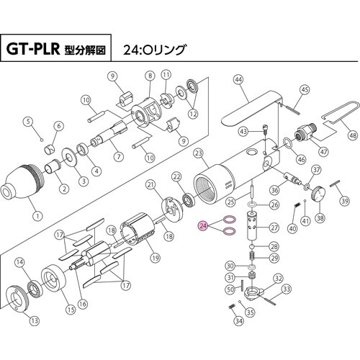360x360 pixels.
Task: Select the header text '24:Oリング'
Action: click(x=155, y=51)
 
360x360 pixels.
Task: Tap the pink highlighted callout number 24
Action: click(x=204, y=226)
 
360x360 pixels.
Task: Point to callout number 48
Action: click(x=351, y=135)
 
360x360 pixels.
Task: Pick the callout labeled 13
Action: click(x=35, y=321)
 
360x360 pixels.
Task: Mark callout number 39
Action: click(x=344, y=203)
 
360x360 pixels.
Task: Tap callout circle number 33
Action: click(x=287, y=289)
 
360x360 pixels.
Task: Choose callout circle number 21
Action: click(x=151, y=186)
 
